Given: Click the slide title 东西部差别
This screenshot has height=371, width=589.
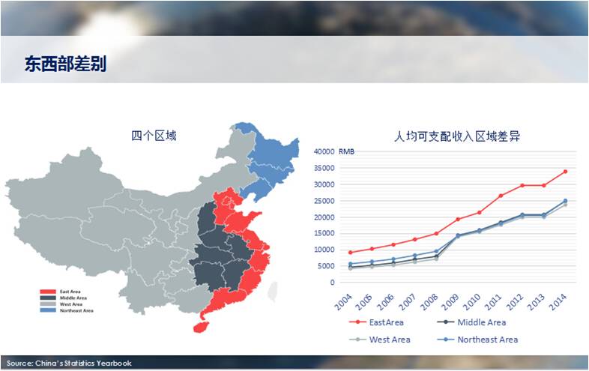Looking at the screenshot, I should (64, 64).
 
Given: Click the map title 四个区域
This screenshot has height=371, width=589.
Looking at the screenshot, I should (154, 136).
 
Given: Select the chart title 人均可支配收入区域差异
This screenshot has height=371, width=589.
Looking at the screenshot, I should (457, 136).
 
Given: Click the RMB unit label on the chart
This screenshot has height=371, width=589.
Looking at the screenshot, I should (347, 151).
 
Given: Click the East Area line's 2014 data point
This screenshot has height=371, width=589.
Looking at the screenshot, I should (565, 172).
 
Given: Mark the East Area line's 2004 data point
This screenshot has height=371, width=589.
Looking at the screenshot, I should (350, 253).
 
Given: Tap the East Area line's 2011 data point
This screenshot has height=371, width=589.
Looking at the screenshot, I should (501, 196).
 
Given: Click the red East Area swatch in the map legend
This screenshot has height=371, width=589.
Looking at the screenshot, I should (48, 291).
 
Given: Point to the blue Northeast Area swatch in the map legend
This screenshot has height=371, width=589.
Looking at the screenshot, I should (48, 310).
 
